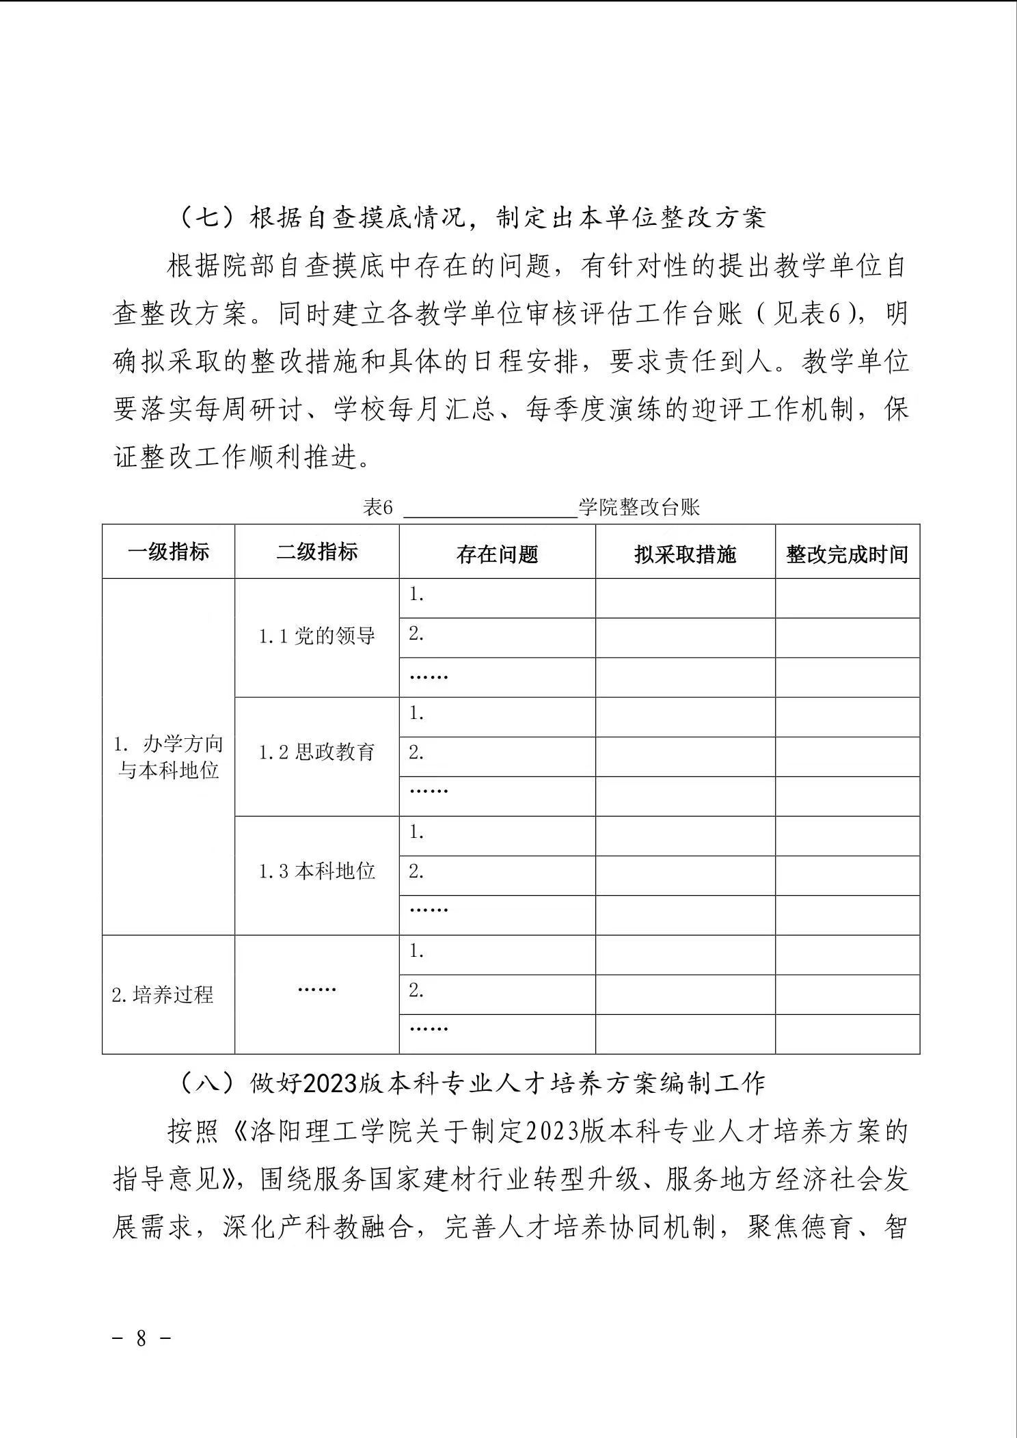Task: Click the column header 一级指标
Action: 168,552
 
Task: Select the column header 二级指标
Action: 316,552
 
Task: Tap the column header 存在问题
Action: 497,554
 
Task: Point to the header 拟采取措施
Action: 685,554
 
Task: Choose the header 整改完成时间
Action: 847,554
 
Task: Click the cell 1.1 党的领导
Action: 316,637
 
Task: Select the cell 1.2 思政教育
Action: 316,753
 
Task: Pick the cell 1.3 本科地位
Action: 316,871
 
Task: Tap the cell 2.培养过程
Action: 163,994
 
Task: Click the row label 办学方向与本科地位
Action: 168,757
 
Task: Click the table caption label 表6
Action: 378,508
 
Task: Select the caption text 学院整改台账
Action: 639,508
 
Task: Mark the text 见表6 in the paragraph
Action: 808,314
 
